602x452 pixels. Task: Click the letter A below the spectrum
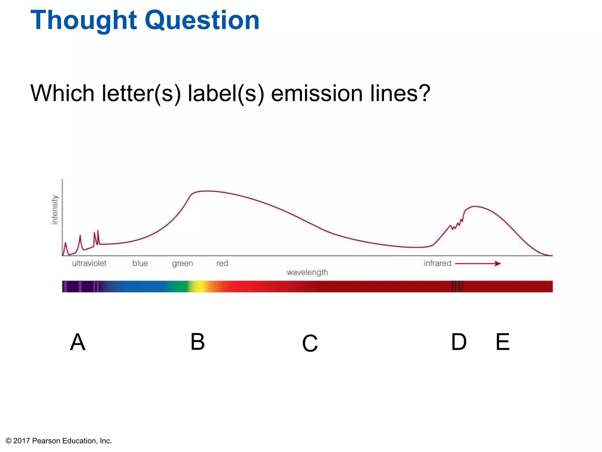(78, 342)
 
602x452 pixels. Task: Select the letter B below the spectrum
(198, 342)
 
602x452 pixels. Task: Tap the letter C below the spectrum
(310, 343)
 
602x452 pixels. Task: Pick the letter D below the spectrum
(459, 342)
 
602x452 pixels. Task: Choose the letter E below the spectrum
(502, 342)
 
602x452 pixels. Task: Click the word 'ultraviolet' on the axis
(89, 263)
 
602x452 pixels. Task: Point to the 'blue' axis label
(140, 263)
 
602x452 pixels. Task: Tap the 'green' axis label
(183, 263)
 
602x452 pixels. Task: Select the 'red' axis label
(222, 263)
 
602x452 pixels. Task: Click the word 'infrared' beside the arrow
(437, 263)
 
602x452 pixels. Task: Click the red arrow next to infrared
(478, 263)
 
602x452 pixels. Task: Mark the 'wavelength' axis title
(307, 272)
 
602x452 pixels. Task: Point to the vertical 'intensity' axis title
(55, 210)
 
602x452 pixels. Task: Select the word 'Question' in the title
(202, 21)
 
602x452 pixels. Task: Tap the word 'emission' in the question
(317, 93)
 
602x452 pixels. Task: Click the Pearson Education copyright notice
(59, 441)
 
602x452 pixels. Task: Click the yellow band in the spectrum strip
(200, 286)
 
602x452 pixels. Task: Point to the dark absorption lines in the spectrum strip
(457, 286)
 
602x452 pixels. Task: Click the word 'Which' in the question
(62, 93)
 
